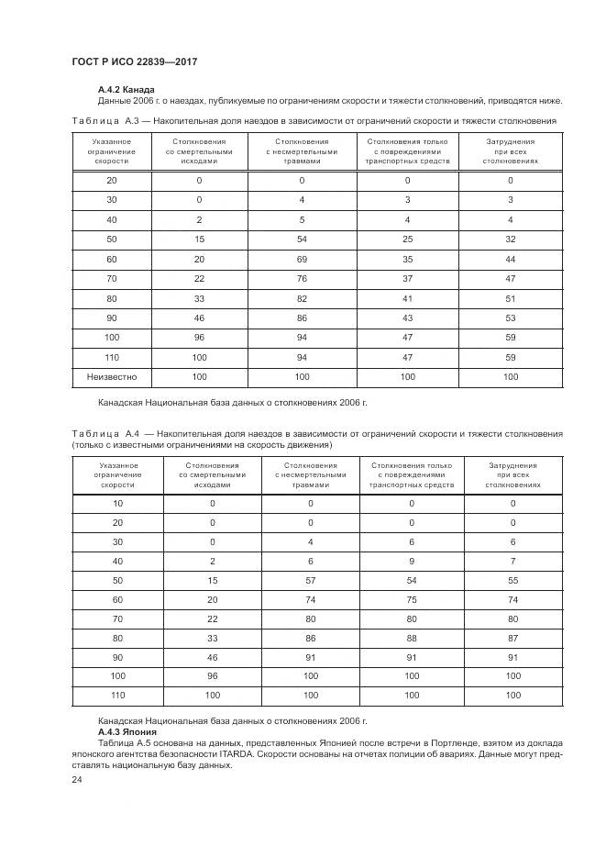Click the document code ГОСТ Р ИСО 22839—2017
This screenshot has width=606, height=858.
135,61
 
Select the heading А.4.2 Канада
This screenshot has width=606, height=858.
126,89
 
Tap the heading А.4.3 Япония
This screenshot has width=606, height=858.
127,733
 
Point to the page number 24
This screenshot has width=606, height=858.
76,780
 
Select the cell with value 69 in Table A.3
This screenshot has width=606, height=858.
301,259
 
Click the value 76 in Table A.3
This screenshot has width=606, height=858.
301,278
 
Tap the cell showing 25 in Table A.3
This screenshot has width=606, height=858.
407,239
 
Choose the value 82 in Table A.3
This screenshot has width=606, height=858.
301,298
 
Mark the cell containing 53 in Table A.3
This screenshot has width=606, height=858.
511,318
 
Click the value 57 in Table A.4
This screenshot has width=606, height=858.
310,580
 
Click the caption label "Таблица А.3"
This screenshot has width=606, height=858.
105,120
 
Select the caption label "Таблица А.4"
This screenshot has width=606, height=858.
105,433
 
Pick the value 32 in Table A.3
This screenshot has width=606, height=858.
511,239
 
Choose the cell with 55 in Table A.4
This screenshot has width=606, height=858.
512,580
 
